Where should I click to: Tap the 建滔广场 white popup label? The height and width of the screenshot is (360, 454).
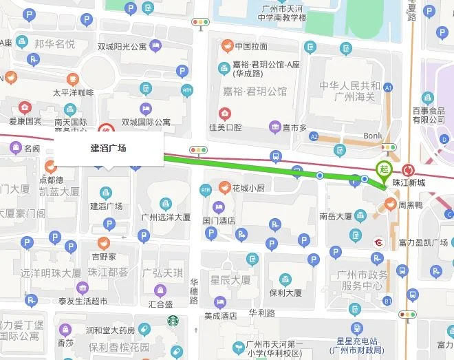click(x=108, y=148)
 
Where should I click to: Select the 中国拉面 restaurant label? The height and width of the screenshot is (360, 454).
click(x=250, y=46)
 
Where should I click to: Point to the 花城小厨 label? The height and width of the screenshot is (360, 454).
click(x=248, y=187)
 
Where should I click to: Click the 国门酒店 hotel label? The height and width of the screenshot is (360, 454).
click(x=219, y=220)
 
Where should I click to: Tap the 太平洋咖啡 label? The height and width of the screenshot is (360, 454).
click(x=73, y=92)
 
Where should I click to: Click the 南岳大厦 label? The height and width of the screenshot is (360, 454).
click(x=336, y=215)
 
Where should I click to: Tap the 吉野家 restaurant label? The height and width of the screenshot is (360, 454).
click(x=102, y=255)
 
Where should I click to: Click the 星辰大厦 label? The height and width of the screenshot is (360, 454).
click(x=230, y=280)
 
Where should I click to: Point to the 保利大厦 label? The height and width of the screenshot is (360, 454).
click(x=285, y=292)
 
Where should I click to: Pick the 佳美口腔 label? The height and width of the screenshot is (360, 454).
click(x=225, y=127)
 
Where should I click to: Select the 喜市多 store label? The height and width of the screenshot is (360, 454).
click(x=293, y=127)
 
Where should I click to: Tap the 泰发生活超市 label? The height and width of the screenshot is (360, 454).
click(x=83, y=301)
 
